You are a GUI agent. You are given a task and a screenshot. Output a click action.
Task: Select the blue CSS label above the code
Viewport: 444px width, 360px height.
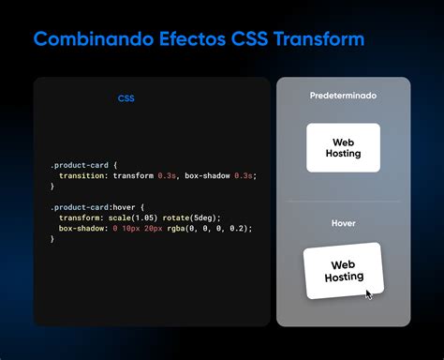(126, 98)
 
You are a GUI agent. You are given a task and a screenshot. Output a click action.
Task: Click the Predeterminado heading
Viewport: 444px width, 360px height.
(343, 96)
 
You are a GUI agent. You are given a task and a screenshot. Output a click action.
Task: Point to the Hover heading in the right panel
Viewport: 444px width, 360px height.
(343, 224)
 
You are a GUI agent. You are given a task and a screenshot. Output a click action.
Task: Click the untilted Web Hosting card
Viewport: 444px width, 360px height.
(343, 147)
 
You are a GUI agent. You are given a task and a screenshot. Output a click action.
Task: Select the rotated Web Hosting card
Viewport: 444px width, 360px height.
(343, 271)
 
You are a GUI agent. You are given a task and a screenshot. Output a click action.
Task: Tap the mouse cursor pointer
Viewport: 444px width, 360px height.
(369, 294)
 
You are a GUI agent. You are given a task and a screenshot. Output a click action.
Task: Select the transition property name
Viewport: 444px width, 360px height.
(81, 175)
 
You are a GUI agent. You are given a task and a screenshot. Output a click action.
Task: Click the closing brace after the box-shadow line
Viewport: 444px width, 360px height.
(52, 239)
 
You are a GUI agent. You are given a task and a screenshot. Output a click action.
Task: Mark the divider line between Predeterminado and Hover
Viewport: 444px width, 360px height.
(343, 201)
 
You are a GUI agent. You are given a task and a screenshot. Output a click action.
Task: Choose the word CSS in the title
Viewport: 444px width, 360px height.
(247, 40)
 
